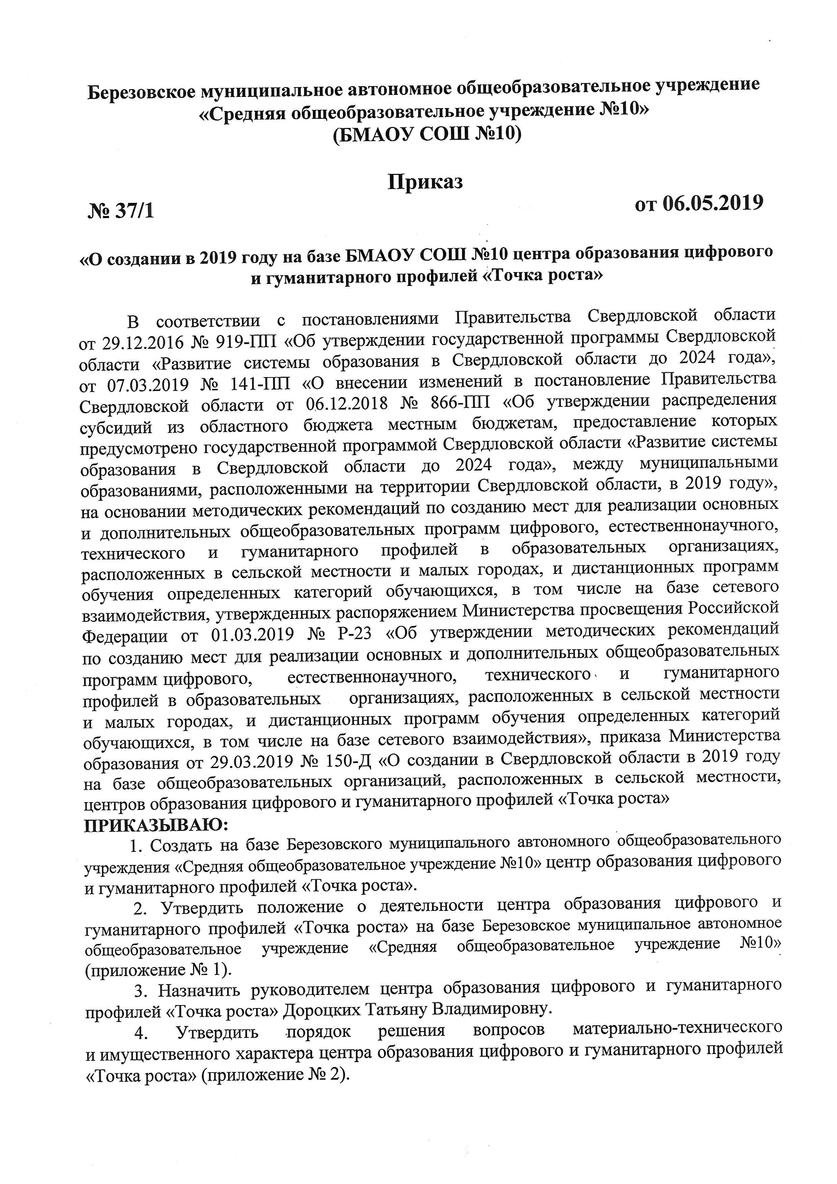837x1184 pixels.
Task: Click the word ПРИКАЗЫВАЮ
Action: (155, 825)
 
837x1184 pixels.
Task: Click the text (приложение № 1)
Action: (158, 970)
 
